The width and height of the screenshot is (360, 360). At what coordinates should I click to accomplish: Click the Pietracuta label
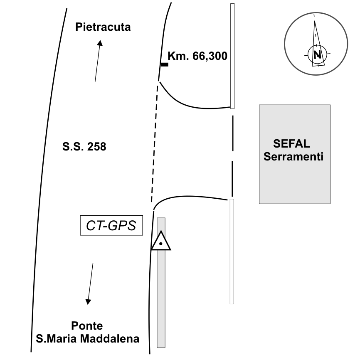click(x=103, y=27)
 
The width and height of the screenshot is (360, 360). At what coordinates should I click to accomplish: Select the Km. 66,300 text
click(x=197, y=56)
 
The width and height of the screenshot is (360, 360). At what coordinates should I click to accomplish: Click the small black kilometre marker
click(x=165, y=64)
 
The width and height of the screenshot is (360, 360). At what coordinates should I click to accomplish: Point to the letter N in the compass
click(x=318, y=54)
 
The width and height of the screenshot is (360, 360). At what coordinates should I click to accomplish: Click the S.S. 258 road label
click(x=84, y=146)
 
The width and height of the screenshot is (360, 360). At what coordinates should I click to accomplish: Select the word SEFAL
click(x=291, y=144)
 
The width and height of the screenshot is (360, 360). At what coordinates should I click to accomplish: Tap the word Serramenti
click(x=294, y=157)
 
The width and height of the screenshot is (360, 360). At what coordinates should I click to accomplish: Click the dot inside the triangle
click(x=160, y=244)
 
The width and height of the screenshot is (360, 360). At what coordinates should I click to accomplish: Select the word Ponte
click(x=87, y=325)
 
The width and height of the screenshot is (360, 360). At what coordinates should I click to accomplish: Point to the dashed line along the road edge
click(x=155, y=141)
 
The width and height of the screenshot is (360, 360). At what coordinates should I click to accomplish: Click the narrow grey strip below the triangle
click(x=161, y=299)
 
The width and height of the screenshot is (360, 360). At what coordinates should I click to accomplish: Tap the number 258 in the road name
click(x=97, y=146)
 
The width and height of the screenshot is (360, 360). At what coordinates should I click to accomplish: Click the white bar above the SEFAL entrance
click(x=232, y=56)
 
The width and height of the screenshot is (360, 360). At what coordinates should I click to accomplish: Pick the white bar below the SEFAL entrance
click(x=232, y=251)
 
